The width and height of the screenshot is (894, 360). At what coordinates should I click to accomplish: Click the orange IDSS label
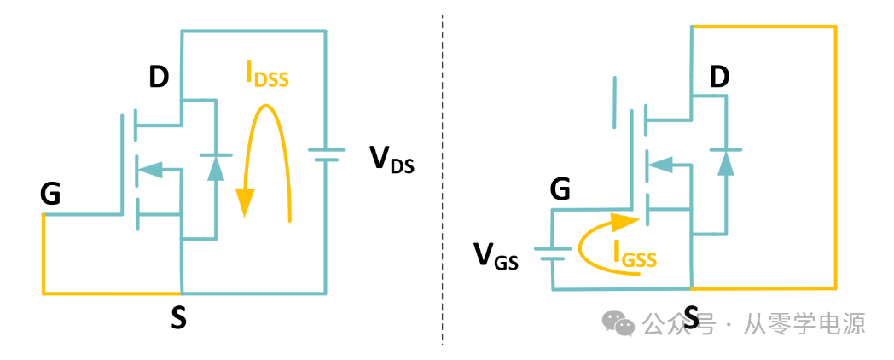click(267, 76)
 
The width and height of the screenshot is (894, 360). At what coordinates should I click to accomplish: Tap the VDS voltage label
click(392, 160)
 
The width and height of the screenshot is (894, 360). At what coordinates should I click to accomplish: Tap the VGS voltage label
click(496, 255)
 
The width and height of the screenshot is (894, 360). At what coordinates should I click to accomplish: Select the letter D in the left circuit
click(159, 78)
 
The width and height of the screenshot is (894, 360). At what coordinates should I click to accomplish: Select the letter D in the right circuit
click(719, 78)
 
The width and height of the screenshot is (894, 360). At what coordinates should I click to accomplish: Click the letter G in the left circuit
click(50, 195)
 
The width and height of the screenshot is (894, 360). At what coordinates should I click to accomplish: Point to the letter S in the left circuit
click(178, 318)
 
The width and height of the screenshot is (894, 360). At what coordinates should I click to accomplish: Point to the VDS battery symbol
click(326, 154)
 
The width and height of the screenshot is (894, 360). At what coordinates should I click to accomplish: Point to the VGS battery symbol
click(552, 252)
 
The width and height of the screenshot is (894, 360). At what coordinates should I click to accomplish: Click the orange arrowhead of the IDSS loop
click(246, 202)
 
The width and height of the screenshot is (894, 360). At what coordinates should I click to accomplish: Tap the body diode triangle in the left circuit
click(216, 168)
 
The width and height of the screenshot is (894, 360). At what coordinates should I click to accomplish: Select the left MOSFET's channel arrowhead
click(150, 170)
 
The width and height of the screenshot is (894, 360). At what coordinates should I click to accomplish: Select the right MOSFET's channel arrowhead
click(659, 163)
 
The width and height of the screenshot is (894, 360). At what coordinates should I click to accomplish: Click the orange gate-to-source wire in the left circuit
click(111, 293)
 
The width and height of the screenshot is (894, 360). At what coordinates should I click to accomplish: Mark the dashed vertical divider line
click(443, 179)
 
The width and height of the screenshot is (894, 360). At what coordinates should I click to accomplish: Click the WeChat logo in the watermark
click(618, 322)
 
